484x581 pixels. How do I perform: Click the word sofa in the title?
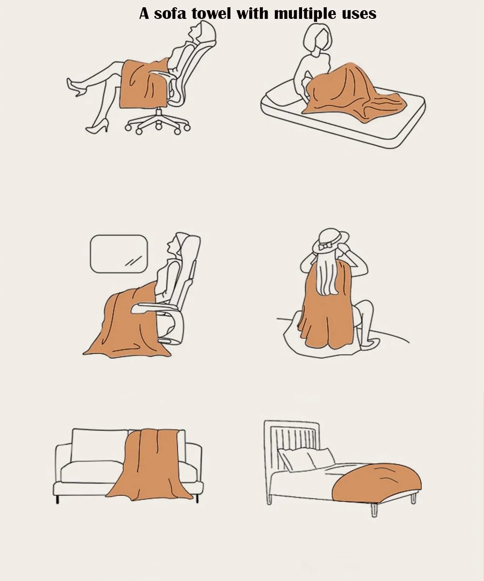[x=170, y=14]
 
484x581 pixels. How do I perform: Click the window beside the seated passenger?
[x=119, y=254]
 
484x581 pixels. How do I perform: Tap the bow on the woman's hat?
[x=325, y=246]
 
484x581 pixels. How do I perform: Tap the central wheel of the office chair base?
[x=158, y=126]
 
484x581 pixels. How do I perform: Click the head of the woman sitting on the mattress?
[x=318, y=38]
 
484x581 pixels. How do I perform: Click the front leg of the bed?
[x=374, y=511]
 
